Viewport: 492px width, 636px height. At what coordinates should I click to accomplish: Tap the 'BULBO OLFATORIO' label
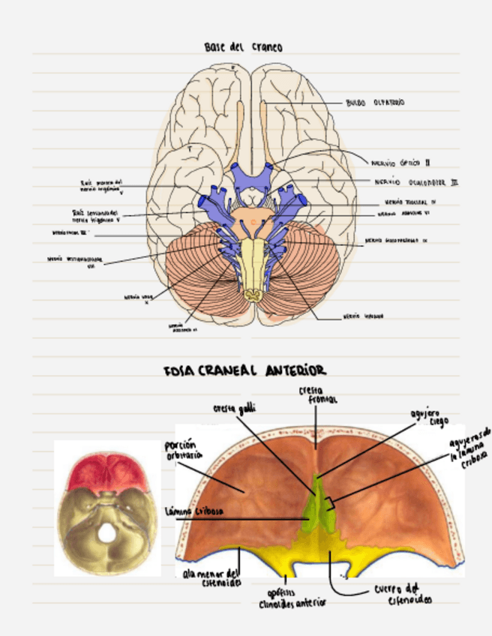tap(375, 102)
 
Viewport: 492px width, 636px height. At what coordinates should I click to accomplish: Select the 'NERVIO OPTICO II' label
tap(400, 160)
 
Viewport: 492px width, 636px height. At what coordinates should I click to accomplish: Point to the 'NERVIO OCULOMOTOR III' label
tap(416, 181)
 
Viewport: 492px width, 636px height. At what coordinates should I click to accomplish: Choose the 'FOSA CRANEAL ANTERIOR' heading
tap(244, 370)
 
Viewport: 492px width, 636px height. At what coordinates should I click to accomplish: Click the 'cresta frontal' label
tap(317, 395)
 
